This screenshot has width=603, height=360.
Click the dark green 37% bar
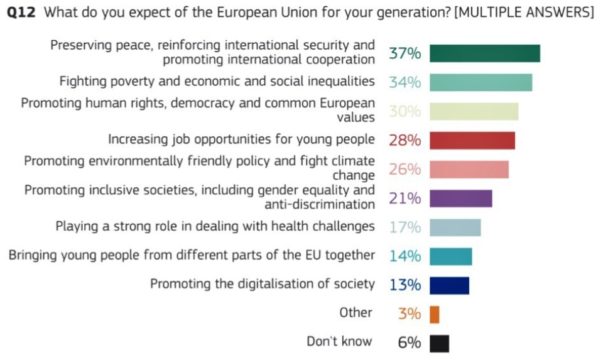coord(484,53)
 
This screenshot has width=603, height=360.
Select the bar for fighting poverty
coord(481,82)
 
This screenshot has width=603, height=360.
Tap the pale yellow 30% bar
coord(474,111)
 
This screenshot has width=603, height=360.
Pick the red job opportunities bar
coord(472,140)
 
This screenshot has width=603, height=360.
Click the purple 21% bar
coord(460,199)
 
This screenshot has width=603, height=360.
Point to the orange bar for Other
coord(435,314)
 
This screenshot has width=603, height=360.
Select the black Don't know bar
coord(439,344)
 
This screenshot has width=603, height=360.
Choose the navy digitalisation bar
coord(449,285)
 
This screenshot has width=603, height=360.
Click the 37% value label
coord(405,53)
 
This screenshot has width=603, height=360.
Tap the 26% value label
coord(405,170)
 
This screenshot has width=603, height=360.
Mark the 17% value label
coord(405,227)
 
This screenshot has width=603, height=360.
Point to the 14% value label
coord(405,256)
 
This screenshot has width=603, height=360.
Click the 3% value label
coord(409,314)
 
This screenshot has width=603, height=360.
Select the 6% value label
coord(409,343)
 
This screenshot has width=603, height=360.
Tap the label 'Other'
coord(356,313)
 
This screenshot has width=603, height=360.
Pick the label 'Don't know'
coord(339,342)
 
